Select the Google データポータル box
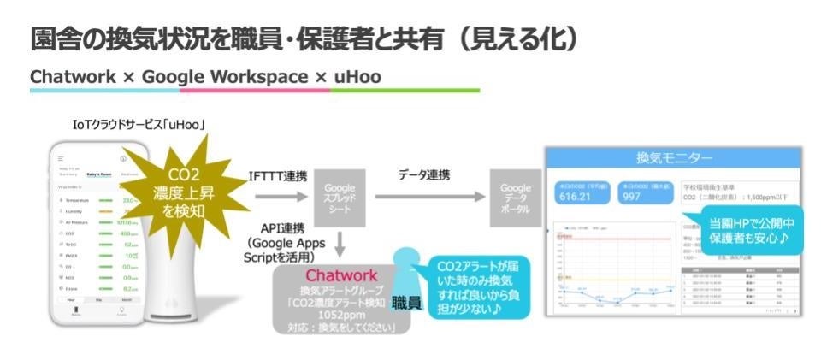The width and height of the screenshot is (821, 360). point(516,199)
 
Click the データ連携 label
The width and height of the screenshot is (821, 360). point(424,175)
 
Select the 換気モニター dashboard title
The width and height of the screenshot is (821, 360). point(674,157)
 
